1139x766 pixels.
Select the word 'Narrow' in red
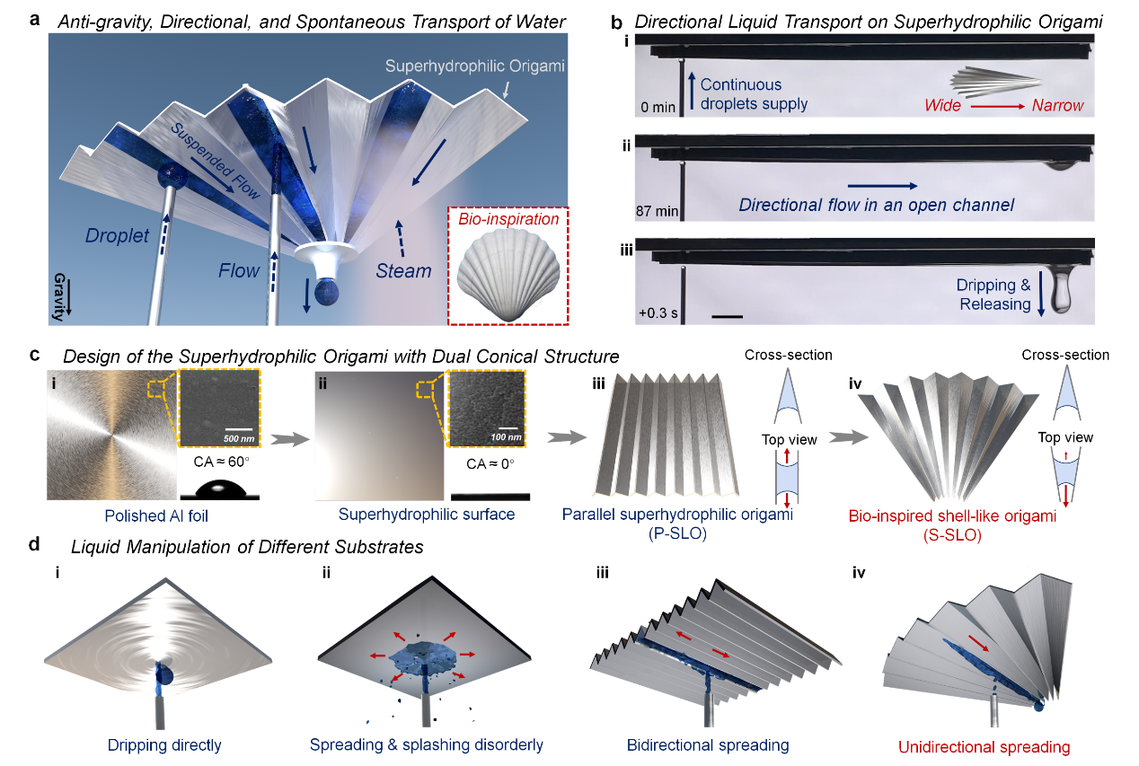point(1057,105)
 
